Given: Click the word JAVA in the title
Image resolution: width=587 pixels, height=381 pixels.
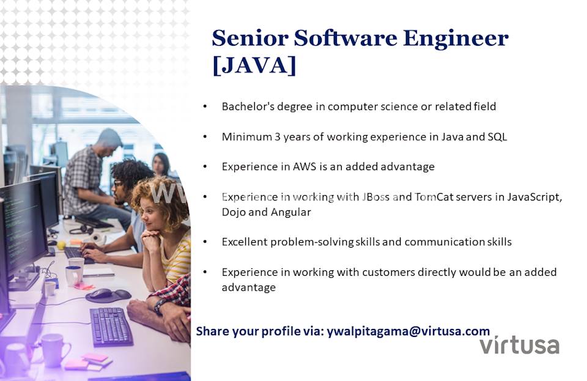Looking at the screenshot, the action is (254, 65).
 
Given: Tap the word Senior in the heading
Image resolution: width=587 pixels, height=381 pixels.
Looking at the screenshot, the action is (250, 38).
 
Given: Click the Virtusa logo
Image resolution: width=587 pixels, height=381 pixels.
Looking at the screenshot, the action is (520, 345).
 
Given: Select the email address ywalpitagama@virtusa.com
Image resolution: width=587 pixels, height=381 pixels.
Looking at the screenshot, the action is (408, 331).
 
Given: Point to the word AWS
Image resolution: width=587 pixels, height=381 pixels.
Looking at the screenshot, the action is (305, 166).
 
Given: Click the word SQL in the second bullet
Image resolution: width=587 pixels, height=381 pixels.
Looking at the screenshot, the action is (497, 136).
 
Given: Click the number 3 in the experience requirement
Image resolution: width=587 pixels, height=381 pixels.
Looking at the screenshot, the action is (277, 136).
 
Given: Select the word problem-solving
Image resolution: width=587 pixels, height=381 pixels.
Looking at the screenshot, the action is (312, 242).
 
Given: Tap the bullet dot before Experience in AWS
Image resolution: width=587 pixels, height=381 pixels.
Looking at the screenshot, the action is (205, 167).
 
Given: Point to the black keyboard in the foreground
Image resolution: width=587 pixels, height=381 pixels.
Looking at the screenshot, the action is (111, 326).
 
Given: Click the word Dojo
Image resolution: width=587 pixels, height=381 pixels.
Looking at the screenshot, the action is (233, 213).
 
